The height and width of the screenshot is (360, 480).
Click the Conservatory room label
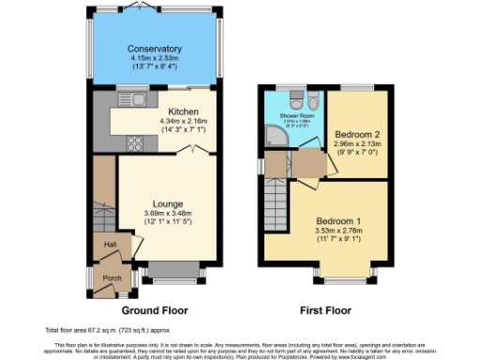[x=156, y=49]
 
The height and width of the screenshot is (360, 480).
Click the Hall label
[x=111, y=243]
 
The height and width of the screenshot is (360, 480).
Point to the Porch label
[x=112, y=277]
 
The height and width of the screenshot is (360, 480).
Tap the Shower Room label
[x=295, y=116]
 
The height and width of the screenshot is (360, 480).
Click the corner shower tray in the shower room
[x=276, y=139]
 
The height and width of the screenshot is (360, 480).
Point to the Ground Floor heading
[x=155, y=310]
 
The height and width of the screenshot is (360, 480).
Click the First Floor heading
[x=325, y=310]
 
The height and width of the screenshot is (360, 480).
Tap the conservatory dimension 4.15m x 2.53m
[x=156, y=58]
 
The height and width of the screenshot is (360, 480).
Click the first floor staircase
[x=276, y=201]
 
